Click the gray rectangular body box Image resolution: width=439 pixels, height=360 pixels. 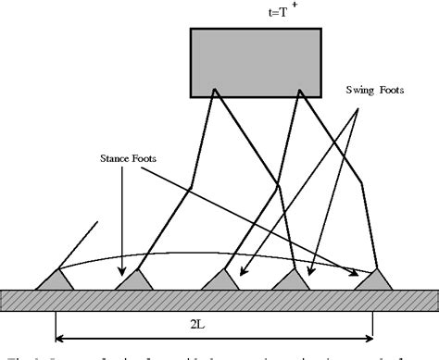click(256, 61)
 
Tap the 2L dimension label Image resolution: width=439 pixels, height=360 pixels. click(216, 325)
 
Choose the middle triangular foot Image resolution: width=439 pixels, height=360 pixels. click(217, 279)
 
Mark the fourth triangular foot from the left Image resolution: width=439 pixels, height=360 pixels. click(294, 279)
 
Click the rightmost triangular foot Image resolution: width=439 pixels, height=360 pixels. click(373, 279)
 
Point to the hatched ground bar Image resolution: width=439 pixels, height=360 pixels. click(219, 299)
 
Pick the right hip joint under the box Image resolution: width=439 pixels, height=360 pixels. click(298, 93)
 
